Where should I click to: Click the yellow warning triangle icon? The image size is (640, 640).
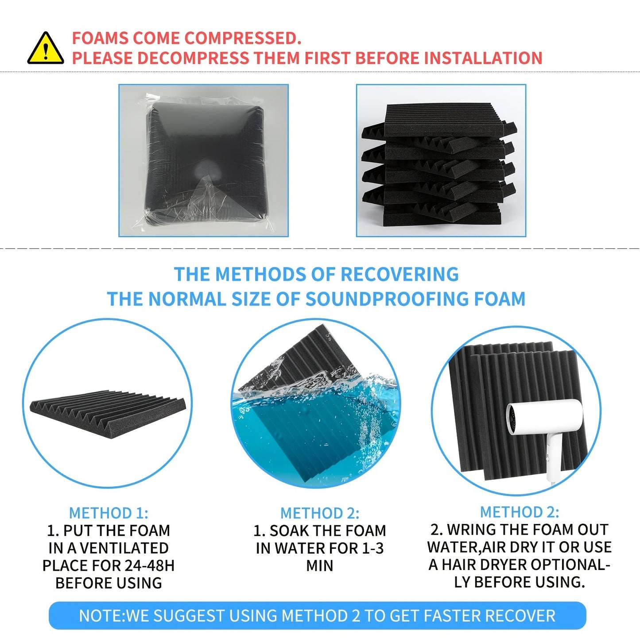(x=46, y=48)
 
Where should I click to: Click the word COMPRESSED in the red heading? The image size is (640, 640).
(x=243, y=38)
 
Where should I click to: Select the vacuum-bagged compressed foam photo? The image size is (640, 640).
(x=204, y=160)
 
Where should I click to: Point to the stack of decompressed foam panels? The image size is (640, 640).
(x=439, y=165)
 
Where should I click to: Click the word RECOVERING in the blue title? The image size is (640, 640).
(x=400, y=274)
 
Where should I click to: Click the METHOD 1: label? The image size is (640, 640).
(x=109, y=513)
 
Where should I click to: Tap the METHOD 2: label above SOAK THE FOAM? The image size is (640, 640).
(x=320, y=513)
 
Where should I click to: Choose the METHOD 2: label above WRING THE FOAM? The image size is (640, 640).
(x=520, y=512)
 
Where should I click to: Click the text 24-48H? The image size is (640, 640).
(x=150, y=565)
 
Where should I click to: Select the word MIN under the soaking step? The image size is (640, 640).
(x=320, y=566)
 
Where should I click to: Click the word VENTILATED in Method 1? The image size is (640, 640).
(x=124, y=548)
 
